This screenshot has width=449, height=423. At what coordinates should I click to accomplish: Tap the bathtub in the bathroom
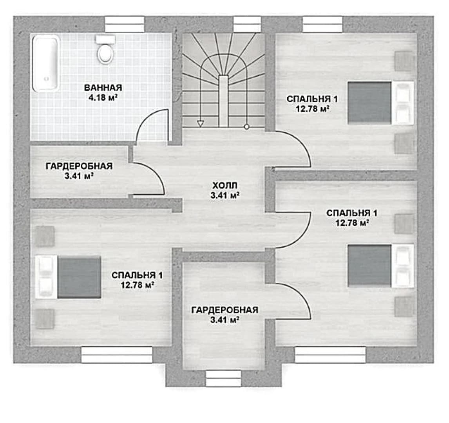(45, 63)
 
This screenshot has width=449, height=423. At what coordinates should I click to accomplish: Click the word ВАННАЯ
(103, 88)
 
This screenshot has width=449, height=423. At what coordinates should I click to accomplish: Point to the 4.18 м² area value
(103, 97)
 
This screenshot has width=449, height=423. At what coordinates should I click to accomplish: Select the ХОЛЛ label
(225, 186)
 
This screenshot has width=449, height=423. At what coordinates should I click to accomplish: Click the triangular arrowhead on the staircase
(201, 124)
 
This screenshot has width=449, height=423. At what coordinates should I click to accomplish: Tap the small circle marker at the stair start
(246, 127)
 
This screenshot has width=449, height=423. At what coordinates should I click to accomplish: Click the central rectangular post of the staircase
(224, 101)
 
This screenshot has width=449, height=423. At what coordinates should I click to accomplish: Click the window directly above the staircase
(247, 24)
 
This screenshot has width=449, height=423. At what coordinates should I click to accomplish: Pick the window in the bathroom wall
(125, 24)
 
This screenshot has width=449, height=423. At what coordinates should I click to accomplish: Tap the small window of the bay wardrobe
(223, 378)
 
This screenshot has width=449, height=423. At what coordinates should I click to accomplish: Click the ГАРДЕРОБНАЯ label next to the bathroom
(79, 166)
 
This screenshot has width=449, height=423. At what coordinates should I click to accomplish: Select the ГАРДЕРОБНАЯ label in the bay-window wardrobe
(225, 310)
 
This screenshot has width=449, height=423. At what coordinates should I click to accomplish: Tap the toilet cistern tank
(105, 39)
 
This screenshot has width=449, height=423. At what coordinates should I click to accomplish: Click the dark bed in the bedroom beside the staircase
(370, 103)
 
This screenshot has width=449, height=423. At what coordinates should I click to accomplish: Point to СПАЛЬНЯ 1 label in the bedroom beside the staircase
(312, 99)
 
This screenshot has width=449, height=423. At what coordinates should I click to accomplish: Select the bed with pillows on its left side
(68, 277)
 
